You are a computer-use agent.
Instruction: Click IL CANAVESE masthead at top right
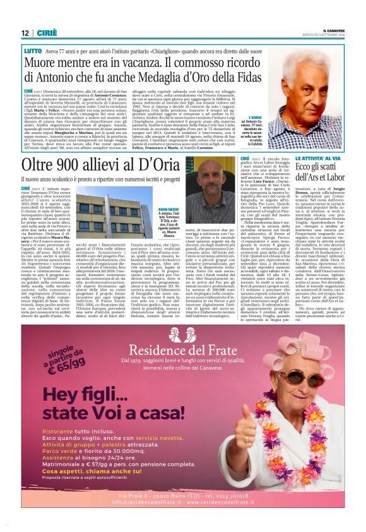(331, 29)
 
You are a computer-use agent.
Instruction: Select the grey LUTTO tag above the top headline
(33, 49)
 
